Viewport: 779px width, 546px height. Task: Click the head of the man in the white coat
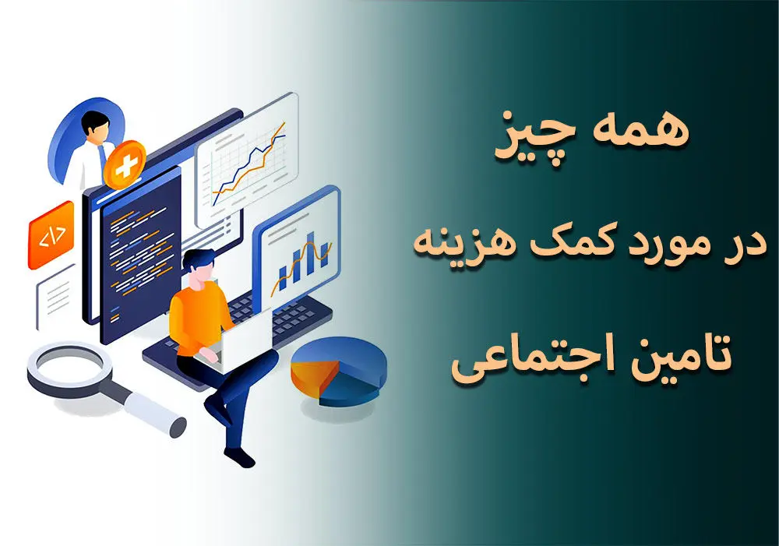click(x=95, y=126)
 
